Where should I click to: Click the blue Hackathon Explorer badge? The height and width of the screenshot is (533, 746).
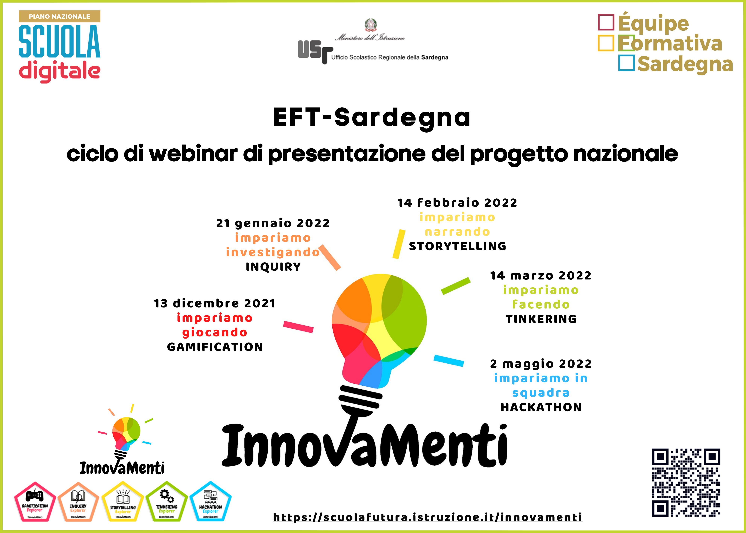(x=211, y=501)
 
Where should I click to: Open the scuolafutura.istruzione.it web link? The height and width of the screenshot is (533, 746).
(x=428, y=517)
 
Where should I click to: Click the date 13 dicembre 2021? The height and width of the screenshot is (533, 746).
(x=215, y=303)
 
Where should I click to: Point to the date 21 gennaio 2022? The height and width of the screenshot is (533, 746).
(x=273, y=223)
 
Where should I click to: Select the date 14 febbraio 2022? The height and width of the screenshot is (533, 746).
(x=457, y=203)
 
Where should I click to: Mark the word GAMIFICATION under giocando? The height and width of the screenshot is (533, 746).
(x=215, y=347)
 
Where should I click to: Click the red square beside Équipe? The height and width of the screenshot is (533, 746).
(x=606, y=22)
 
